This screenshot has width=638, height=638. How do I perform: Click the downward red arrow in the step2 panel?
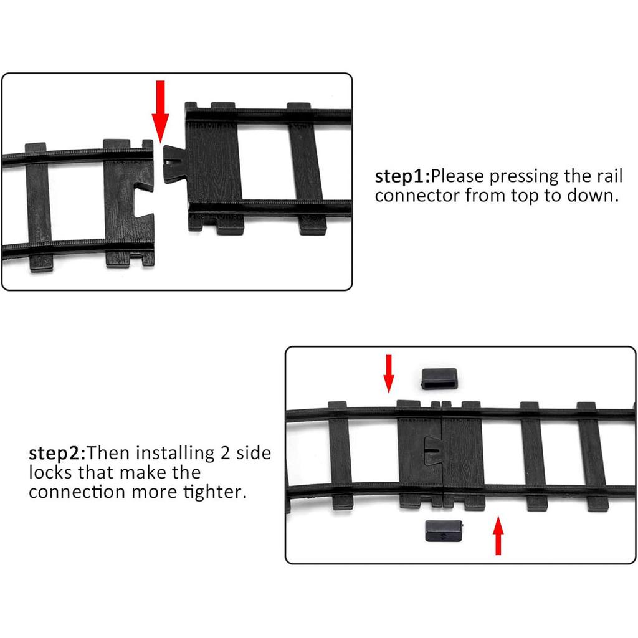pos(389,373)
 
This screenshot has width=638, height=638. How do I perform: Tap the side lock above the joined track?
pos(440,379)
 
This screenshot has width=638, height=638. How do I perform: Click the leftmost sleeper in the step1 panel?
pos(39,207)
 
